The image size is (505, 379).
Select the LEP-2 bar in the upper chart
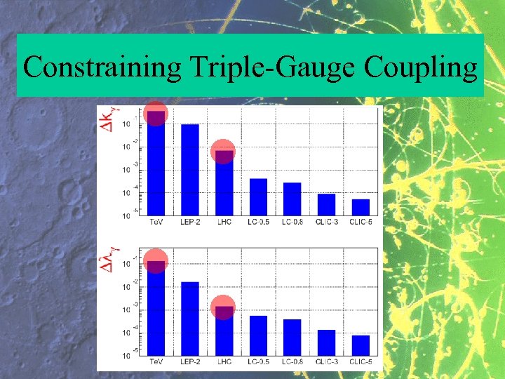coord(190,169)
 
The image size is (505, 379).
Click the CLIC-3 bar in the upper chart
coord(326,204)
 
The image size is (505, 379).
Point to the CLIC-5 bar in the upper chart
coord(361,207)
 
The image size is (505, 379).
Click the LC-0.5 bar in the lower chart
coord(258,335)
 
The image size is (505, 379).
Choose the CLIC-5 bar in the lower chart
coord(361,345)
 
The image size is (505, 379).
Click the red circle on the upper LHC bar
coord(223,152)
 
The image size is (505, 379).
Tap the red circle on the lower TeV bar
coord(156,261)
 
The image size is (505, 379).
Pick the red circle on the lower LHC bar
coord(223,307)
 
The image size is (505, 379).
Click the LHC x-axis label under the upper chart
coord(224,222)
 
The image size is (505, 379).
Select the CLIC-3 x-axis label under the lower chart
coord(326,362)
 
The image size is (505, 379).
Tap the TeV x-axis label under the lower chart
coord(157,362)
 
